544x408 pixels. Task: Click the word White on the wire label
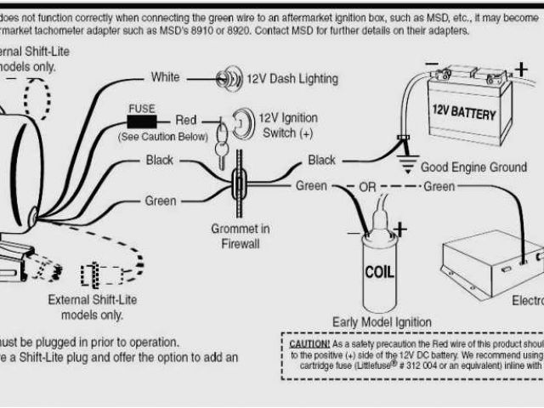point(165,77)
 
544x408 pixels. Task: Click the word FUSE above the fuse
point(141,108)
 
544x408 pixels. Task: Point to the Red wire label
point(186,122)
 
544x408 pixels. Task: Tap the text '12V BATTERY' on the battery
point(463,111)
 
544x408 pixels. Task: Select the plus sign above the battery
point(519,67)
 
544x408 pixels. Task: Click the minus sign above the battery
point(433,64)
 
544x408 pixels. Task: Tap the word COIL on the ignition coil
point(378,274)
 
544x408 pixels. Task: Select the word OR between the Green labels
point(367,185)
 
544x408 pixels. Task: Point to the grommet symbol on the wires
point(241,181)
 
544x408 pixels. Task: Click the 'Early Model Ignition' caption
point(382,322)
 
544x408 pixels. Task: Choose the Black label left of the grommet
point(160,160)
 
